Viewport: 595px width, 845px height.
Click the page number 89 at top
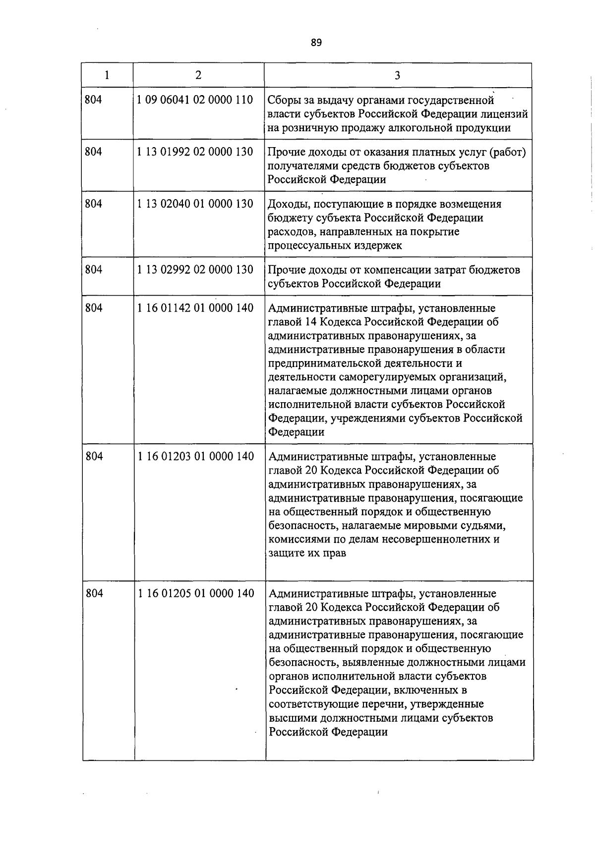tap(316, 43)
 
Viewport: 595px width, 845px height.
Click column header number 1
tap(107, 75)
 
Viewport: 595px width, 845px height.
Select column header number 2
tap(198, 75)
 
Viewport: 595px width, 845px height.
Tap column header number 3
tap(398, 76)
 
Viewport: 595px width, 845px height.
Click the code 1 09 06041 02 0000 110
tap(195, 100)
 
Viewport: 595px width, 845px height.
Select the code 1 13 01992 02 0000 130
tap(195, 152)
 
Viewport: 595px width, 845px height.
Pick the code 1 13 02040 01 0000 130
tap(195, 204)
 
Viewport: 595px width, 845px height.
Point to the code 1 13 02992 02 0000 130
tap(195, 269)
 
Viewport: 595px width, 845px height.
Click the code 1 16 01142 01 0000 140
tap(195, 308)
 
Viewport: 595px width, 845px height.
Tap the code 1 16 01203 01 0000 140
tap(196, 456)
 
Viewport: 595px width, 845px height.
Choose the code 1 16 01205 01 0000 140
tap(196, 593)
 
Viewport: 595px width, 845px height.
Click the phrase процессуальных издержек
tap(335, 246)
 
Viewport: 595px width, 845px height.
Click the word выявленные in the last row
tap(368, 663)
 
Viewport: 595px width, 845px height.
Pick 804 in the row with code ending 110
tap(94, 100)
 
